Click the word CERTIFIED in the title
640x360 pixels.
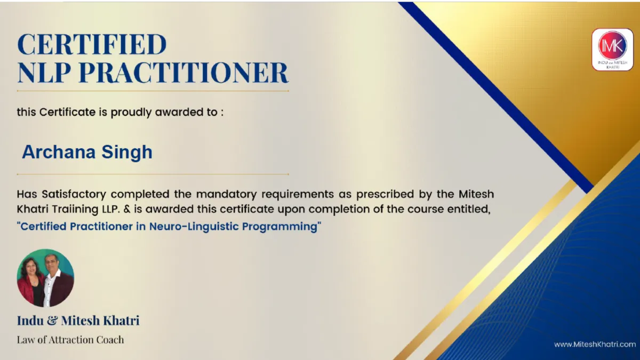pos(92,44)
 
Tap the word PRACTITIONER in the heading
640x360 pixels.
pos(183,73)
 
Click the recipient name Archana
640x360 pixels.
pos(59,151)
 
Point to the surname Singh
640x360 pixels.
pos(127,153)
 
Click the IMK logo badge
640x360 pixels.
pos(612,50)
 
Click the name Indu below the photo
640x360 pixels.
pos(30,321)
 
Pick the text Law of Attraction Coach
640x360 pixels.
pos(70,340)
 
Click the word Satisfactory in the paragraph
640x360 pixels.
pos(74,195)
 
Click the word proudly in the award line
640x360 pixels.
pos(131,113)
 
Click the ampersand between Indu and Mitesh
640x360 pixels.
pos(52,321)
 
